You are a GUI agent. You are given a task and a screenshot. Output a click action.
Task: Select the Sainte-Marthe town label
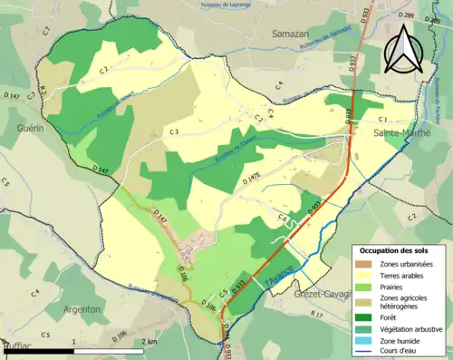(x=402, y=133)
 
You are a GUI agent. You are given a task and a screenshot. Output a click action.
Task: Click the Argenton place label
(x=81, y=309)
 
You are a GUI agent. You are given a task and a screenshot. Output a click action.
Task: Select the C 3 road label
(x=173, y=133)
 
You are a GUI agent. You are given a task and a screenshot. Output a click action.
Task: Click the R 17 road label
(x=317, y=314)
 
